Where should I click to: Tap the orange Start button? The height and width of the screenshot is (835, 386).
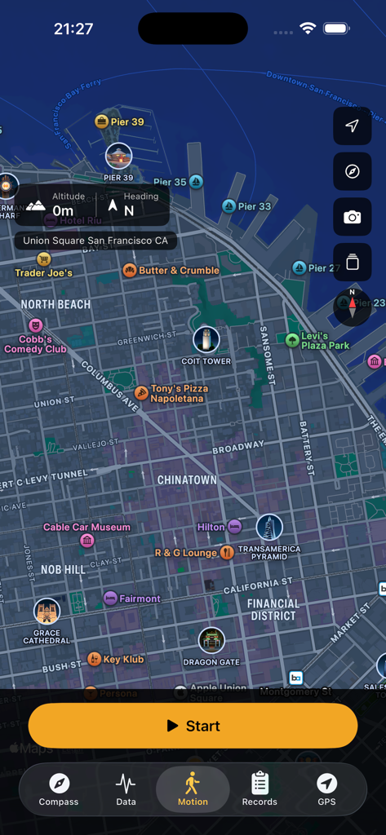193,726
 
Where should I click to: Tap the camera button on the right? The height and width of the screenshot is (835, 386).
352,217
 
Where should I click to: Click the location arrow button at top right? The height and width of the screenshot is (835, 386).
352,126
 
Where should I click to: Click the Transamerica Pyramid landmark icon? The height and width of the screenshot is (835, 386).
269,528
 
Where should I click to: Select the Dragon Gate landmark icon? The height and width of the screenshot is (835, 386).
211,641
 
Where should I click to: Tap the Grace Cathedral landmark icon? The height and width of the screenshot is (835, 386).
47,612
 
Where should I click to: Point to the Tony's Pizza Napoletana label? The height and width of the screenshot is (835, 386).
179,394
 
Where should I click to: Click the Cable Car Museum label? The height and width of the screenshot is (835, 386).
87,528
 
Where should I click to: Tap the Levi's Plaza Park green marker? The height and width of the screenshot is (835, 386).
292,340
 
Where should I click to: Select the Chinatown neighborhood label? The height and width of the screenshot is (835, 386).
187,480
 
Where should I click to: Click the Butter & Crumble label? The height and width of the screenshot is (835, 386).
179,271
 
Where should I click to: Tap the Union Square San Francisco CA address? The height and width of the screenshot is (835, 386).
95,241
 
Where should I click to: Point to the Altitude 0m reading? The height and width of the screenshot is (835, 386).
63,205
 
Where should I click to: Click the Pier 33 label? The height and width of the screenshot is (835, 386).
254,206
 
